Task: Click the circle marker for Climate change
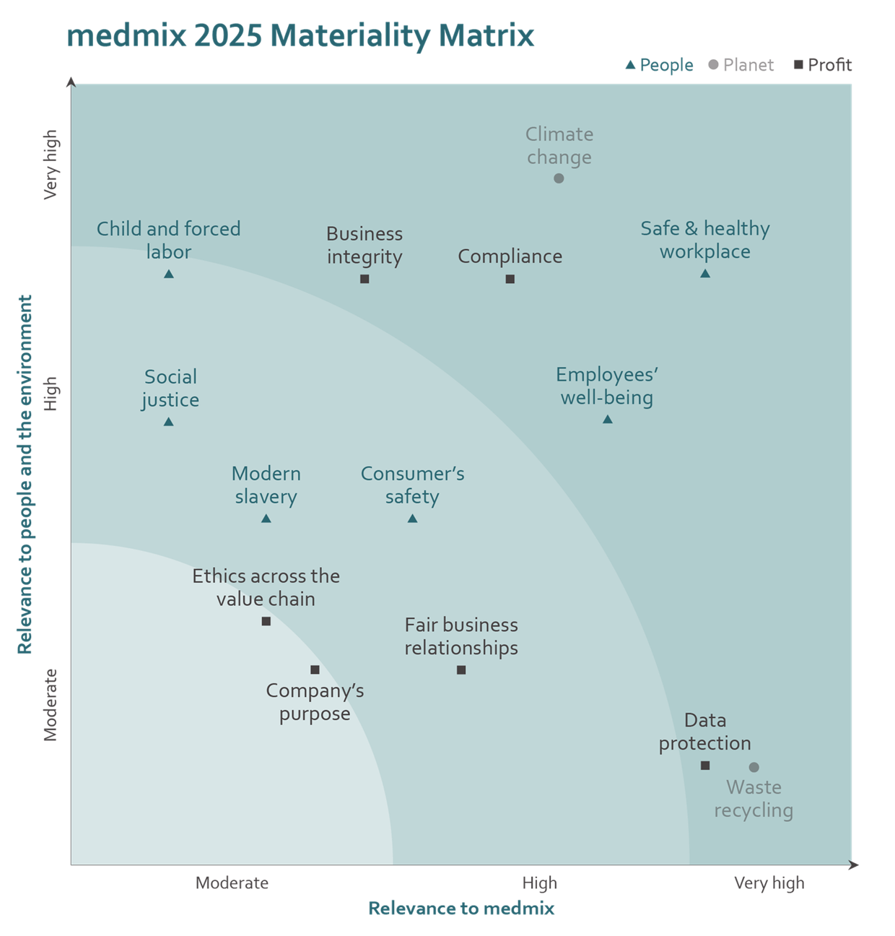pyautogui.click(x=559, y=178)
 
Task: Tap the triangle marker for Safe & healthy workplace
pyautogui.click(x=705, y=274)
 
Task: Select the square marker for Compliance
pyautogui.click(x=510, y=279)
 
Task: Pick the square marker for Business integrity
pyautogui.click(x=364, y=279)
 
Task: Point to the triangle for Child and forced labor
pyautogui.click(x=169, y=274)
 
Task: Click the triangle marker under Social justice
pyautogui.click(x=169, y=422)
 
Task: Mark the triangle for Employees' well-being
pyautogui.click(x=608, y=420)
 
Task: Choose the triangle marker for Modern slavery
pyautogui.click(x=266, y=519)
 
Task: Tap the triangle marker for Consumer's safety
pyautogui.click(x=412, y=519)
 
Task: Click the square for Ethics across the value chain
pyautogui.click(x=266, y=621)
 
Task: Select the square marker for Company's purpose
pyautogui.click(x=315, y=670)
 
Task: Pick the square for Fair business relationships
pyautogui.click(x=461, y=670)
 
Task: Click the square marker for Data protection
pyautogui.click(x=705, y=766)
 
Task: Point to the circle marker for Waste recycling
pyautogui.click(x=754, y=767)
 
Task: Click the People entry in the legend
pyautogui.click(x=660, y=66)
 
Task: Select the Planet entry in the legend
pyautogui.click(x=741, y=66)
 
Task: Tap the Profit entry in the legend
pyautogui.click(x=824, y=66)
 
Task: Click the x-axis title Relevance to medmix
pyautogui.click(x=461, y=909)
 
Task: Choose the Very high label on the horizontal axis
pyautogui.click(x=769, y=883)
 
